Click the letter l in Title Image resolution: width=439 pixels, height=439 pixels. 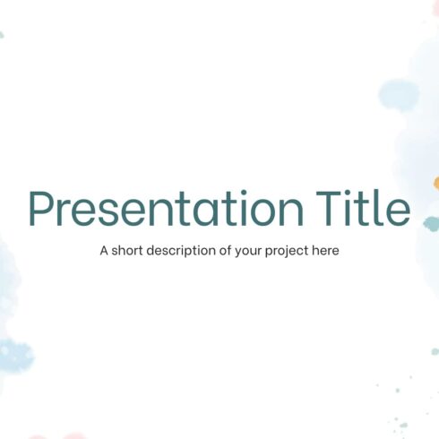coord(382,208)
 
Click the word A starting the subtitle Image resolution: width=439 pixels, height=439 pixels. coord(105,251)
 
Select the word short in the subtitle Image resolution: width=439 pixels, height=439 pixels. coord(130,251)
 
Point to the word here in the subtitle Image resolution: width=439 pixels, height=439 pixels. coord(325,251)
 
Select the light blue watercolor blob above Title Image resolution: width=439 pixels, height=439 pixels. coord(399,93)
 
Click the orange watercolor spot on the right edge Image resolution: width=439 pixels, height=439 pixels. coord(436,184)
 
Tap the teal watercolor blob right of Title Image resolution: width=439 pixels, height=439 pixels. coord(431,223)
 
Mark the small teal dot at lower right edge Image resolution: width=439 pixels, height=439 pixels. coord(435,351)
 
